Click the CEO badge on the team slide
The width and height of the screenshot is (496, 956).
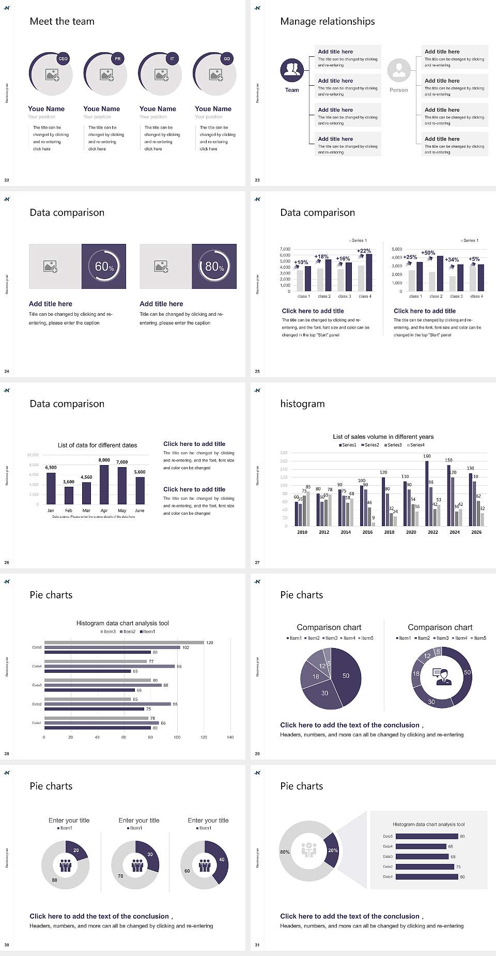pyautogui.click(x=63, y=59)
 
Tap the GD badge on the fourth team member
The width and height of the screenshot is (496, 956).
pyautogui.click(x=227, y=59)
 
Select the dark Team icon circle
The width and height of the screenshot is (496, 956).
pyautogui.click(x=292, y=70)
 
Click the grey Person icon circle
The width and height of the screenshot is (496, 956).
pyautogui.click(x=399, y=70)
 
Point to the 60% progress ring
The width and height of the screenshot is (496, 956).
pyautogui.click(x=104, y=266)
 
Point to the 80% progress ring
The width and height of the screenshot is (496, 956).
pyautogui.click(x=214, y=266)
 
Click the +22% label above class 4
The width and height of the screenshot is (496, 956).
pyautogui.click(x=364, y=251)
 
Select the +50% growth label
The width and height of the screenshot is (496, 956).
pyautogui.click(x=428, y=253)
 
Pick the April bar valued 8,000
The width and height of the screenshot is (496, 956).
pyautogui.click(x=104, y=485)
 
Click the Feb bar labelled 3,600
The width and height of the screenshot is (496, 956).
pyautogui.click(x=69, y=495)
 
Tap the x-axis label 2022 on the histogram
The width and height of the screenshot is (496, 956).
pyautogui.click(x=433, y=532)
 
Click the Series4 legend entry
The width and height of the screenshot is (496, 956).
pyautogui.click(x=416, y=445)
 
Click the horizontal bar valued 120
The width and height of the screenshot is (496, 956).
pyautogui.click(x=124, y=642)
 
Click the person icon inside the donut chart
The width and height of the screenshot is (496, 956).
pyautogui.click(x=442, y=676)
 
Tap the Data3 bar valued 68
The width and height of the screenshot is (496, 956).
pyautogui.click(x=422, y=857)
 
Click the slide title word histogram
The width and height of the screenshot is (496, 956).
pyautogui.click(x=302, y=404)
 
